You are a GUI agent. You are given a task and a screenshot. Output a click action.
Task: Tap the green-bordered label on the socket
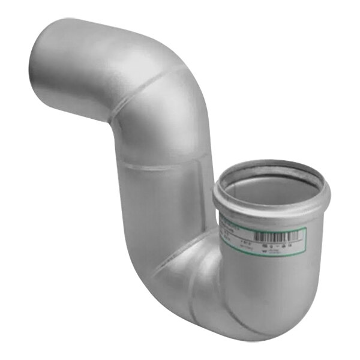click(x=264, y=238)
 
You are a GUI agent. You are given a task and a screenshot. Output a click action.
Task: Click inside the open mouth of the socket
click(x=273, y=189)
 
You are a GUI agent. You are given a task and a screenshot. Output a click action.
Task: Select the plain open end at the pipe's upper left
click(x=51, y=51)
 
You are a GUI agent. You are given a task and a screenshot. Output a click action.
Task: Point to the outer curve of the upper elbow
click(x=180, y=78)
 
